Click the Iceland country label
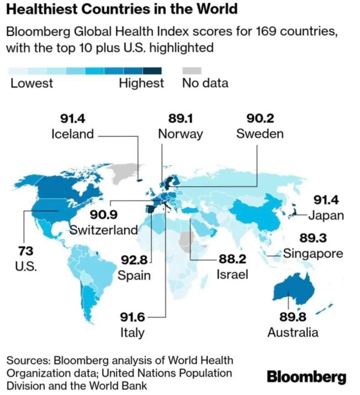(x=72, y=134)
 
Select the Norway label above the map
(x=180, y=134)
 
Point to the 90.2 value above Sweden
(x=260, y=118)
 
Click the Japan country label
(x=326, y=215)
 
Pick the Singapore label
(x=313, y=253)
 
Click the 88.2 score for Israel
(x=233, y=259)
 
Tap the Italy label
(x=132, y=333)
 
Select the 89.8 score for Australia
(x=293, y=317)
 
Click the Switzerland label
(x=104, y=230)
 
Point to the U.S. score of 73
(x=25, y=250)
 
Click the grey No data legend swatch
(x=192, y=71)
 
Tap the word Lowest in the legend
(x=32, y=83)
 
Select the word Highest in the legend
(x=141, y=83)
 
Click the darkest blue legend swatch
(x=152, y=71)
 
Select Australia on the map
(x=294, y=290)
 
